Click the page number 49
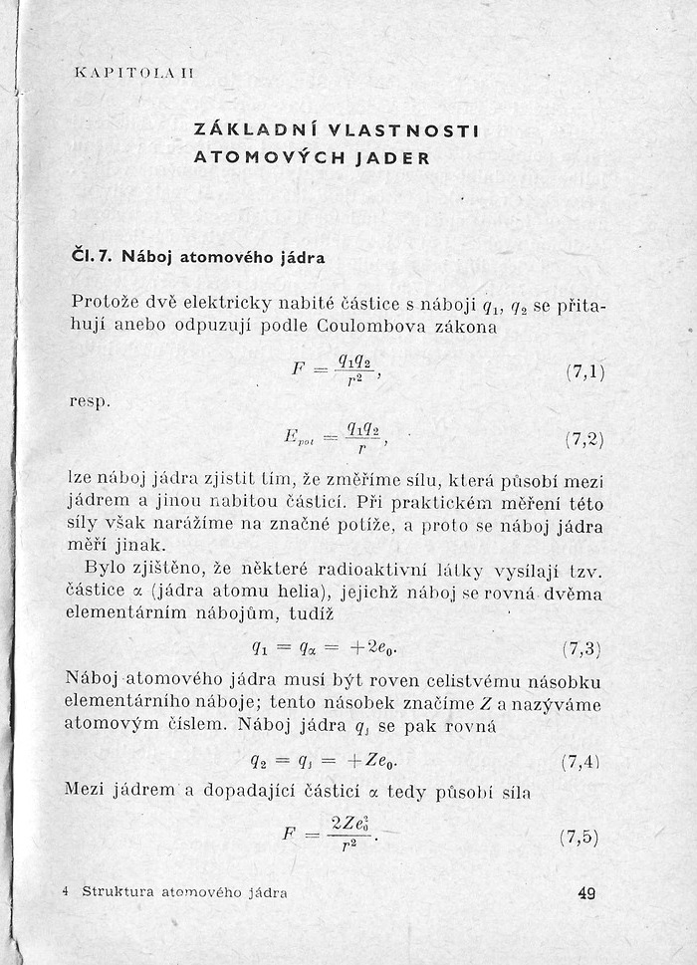coord(585,893)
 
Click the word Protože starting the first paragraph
coord(106,302)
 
